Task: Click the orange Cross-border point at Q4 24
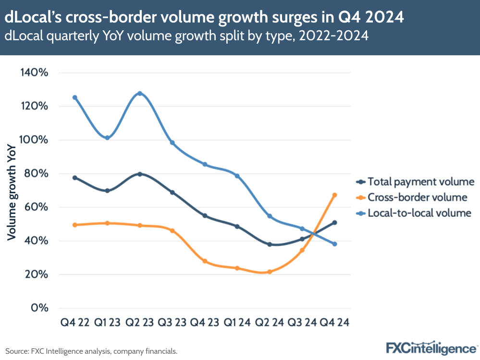334,195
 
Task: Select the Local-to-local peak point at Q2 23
139,93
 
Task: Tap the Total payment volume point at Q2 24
270,244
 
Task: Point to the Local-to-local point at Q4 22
74,98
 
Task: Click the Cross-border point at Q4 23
205,261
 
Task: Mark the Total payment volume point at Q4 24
334,223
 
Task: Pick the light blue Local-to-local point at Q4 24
334,244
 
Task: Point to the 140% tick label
34,73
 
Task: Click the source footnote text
91,351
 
